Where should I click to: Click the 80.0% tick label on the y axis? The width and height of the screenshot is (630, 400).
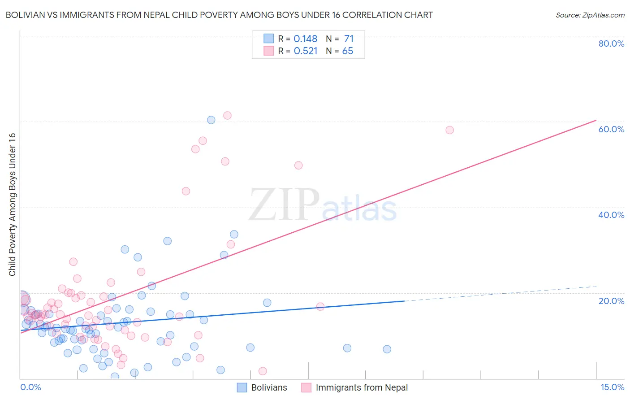611,43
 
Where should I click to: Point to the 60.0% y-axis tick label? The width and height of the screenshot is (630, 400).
611,129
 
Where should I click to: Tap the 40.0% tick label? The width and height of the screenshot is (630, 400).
611,215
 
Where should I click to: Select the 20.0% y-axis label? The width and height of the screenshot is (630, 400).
611,300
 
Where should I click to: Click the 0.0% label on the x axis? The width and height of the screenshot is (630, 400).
30,387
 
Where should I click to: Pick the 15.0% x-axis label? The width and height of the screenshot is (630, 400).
612,387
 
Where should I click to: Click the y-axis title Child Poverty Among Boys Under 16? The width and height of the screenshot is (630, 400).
12,204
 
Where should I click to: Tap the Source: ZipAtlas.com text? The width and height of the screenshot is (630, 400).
590,15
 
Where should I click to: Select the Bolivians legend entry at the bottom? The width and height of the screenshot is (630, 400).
269,387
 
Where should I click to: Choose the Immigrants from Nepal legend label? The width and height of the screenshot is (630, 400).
362,387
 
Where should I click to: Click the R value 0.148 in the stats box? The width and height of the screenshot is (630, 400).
305,39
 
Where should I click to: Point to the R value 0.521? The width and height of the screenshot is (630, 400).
305,51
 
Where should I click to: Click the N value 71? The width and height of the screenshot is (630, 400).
349,39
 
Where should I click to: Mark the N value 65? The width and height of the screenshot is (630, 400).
348,51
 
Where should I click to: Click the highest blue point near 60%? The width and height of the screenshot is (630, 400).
211,120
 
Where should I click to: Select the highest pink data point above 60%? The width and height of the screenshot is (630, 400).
227,115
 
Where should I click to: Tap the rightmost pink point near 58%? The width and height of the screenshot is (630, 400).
449,130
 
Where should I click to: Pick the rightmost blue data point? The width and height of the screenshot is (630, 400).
387,349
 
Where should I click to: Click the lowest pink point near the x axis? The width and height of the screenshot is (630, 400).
263,371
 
